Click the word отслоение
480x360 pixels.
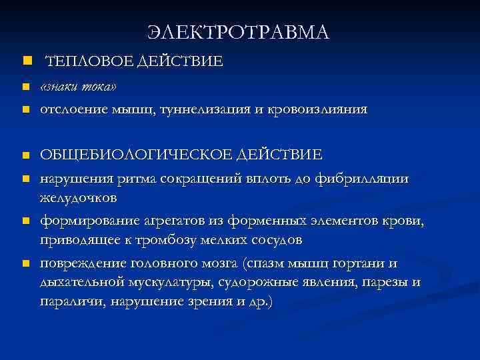73,109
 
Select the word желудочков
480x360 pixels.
79,198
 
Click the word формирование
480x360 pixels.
90,219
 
